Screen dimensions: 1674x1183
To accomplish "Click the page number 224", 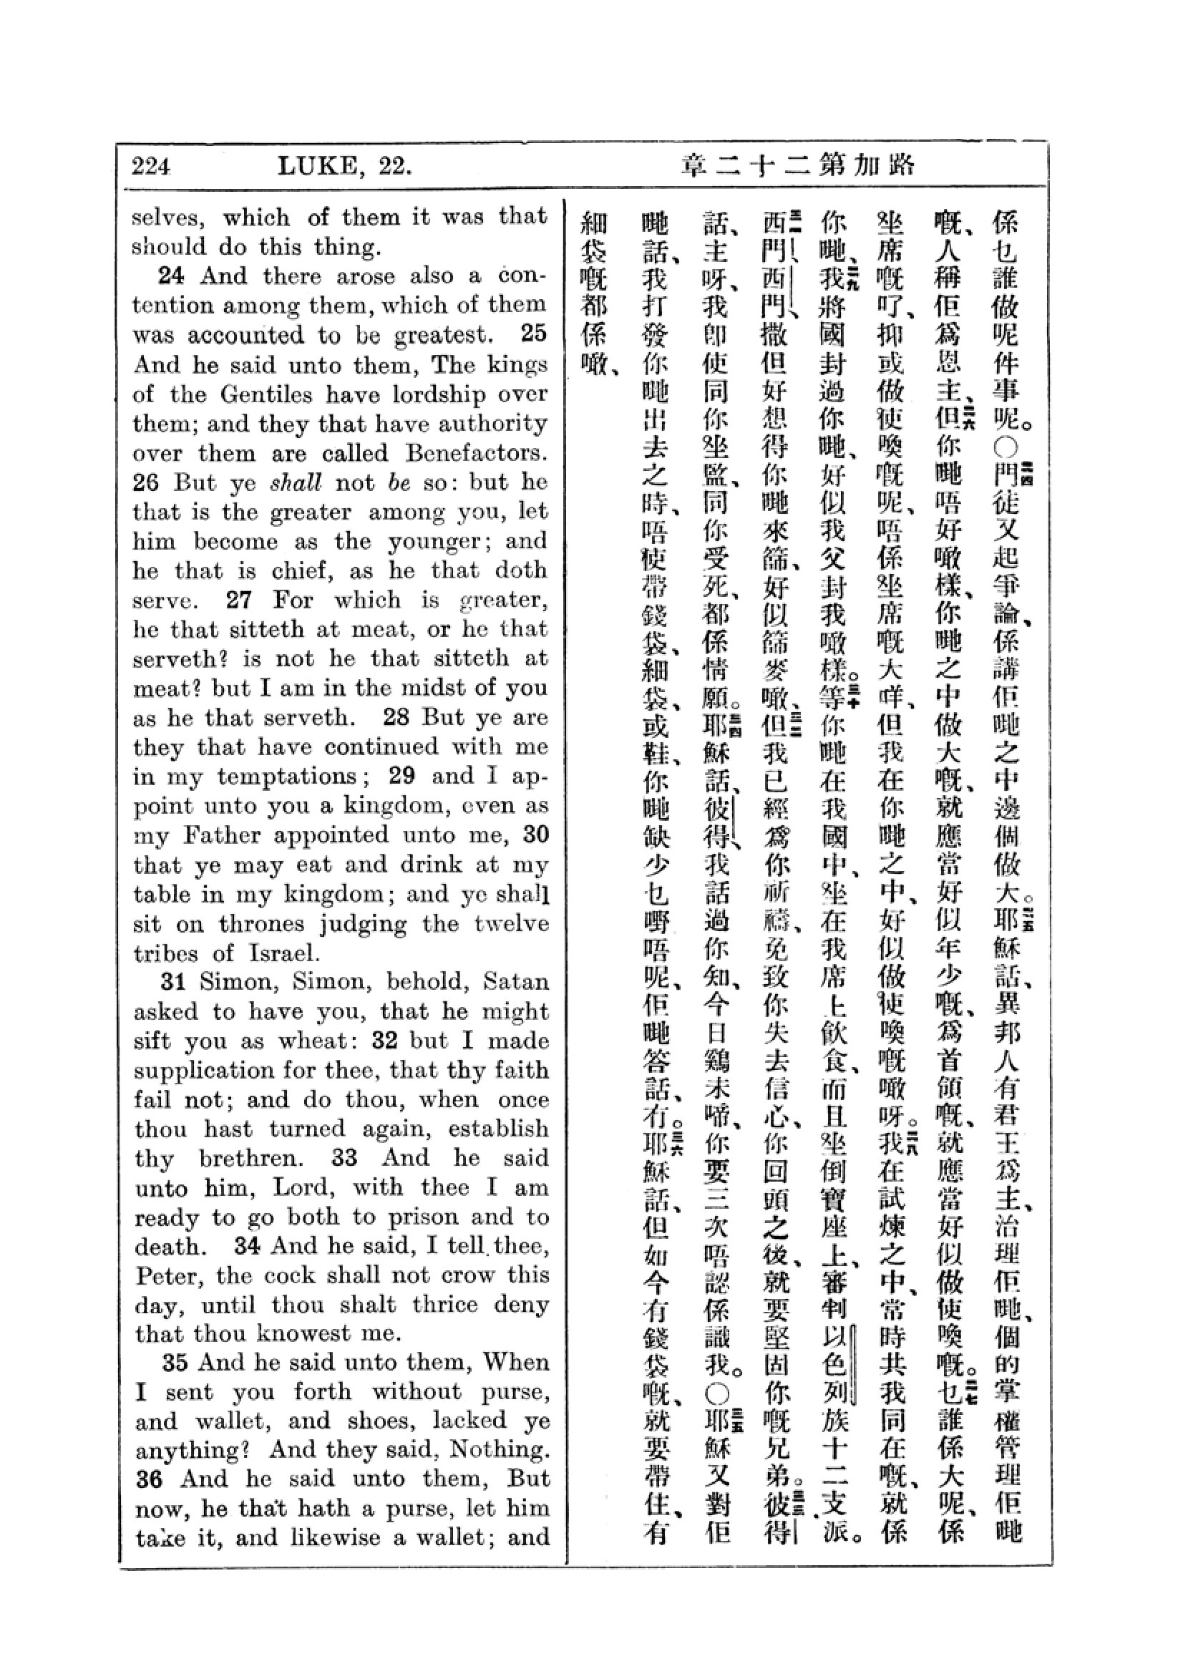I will (x=151, y=167).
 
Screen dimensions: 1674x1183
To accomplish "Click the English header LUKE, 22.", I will (x=345, y=167).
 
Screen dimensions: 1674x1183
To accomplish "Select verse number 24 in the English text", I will (x=171, y=276).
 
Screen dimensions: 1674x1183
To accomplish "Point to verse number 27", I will (x=239, y=600).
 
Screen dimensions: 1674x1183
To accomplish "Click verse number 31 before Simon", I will (x=173, y=981).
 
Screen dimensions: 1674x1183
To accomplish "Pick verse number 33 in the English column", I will (x=344, y=1159).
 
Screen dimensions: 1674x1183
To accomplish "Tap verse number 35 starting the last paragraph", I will (x=175, y=1362).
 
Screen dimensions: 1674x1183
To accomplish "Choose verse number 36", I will (x=149, y=1479).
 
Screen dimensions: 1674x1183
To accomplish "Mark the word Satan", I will (x=516, y=982).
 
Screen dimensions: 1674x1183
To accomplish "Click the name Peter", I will (x=166, y=1276).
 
